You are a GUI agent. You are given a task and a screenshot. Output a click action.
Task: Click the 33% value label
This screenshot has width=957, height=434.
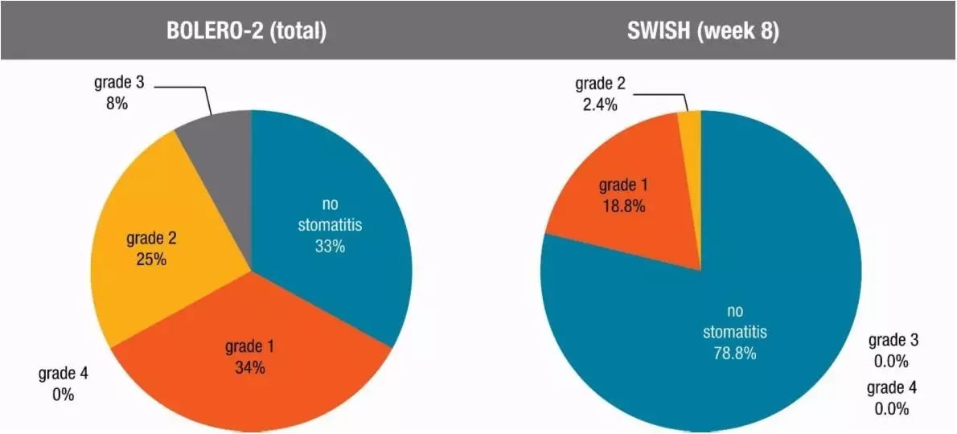pos(330,247)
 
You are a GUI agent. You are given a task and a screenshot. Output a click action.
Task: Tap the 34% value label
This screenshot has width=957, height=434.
pos(249,368)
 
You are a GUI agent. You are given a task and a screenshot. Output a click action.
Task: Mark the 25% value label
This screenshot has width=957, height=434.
pos(151,260)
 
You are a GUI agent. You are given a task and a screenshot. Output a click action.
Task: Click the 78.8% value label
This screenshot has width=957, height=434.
pos(735,353)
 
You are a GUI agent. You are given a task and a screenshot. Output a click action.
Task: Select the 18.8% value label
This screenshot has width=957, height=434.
pos(623,206)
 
